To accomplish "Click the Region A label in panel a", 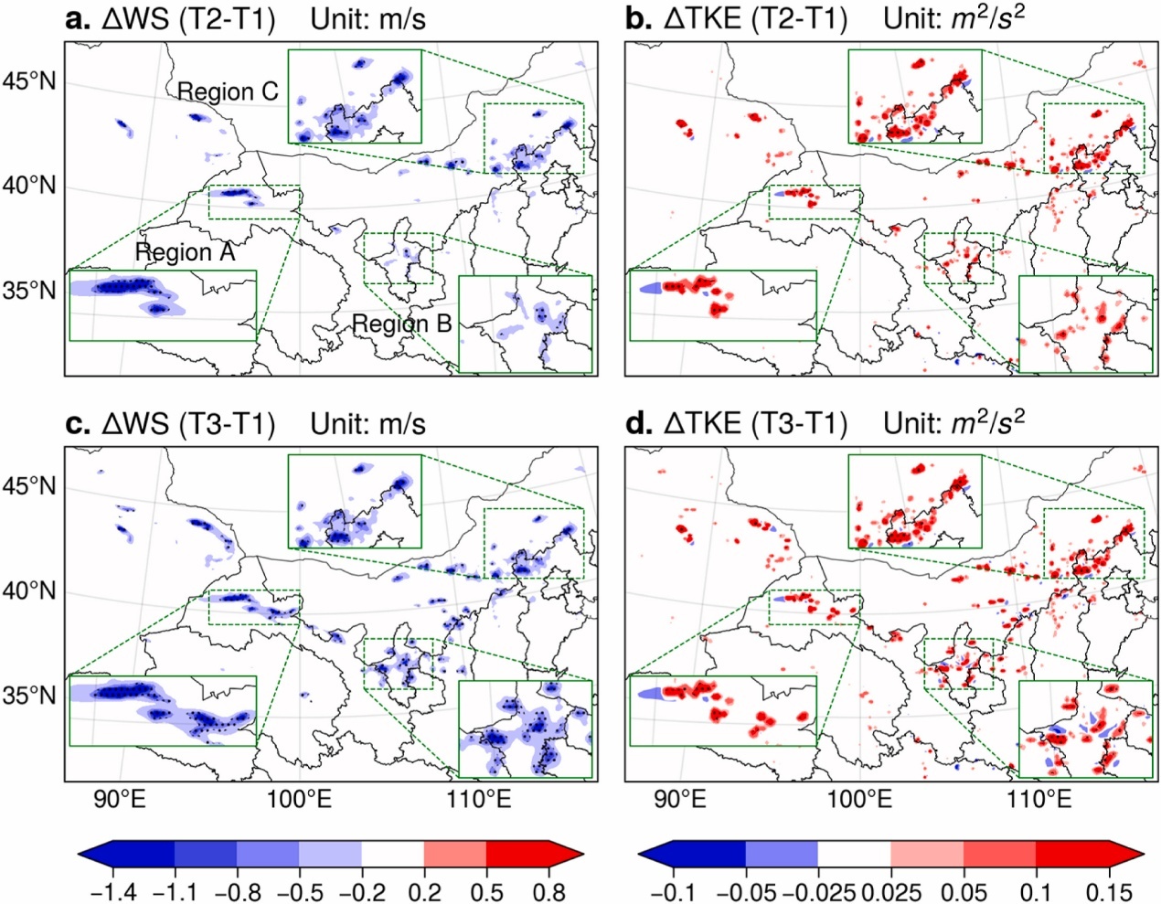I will pyautogui.click(x=185, y=252).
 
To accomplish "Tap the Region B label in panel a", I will pyautogui.click(x=401, y=324).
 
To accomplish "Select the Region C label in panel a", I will pyautogui.click(x=228, y=91).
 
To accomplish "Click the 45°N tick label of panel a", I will pyautogui.click(x=30, y=82).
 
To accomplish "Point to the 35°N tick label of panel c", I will pyautogui.click(x=30, y=696).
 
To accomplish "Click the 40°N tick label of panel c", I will pyautogui.click(x=30, y=591).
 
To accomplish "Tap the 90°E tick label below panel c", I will pyautogui.click(x=120, y=799).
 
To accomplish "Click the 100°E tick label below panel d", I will pyautogui.click(x=859, y=799).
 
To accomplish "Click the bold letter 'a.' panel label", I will pyautogui.click(x=78, y=19).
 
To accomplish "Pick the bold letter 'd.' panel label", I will pyautogui.click(x=638, y=424).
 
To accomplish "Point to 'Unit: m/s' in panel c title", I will pyautogui.click(x=367, y=424).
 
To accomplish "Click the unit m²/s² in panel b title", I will pyautogui.click(x=988, y=17).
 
